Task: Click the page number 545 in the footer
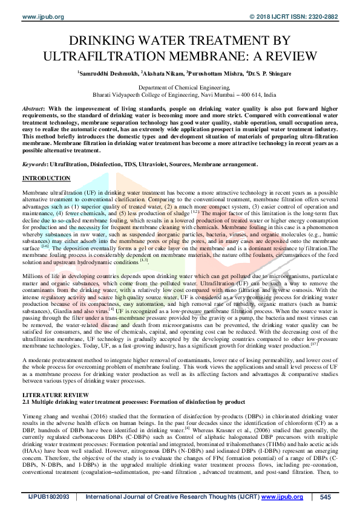pos(326,497)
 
